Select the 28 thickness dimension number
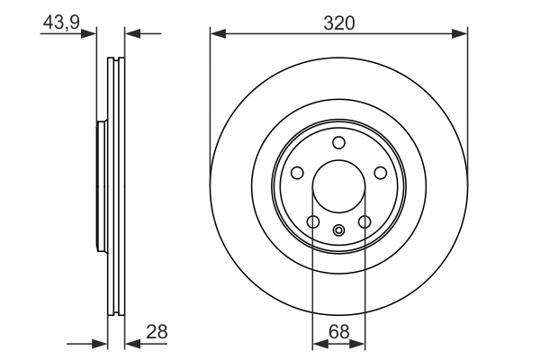pyautogui.click(x=157, y=332)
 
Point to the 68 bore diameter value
pyautogui.click(x=338, y=332)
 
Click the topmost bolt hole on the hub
pyautogui.click(x=338, y=142)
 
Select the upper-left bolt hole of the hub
pyautogui.click(x=297, y=173)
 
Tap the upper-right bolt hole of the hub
pyautogui.click(x=380, y=173)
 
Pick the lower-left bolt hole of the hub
pyautogui.click(x=313, y=221)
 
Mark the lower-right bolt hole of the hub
pyautogui.click(x=364, y=221)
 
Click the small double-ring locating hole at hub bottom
pyautogui.click(x=338, y=229)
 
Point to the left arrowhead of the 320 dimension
pyautogui.click(x=217, y=35)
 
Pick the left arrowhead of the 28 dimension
pyautogui.click(x=101, y=343)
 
